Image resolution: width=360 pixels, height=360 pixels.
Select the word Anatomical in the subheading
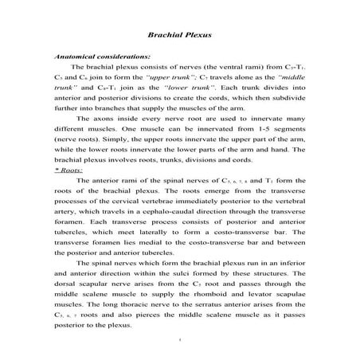coord(74,57)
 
